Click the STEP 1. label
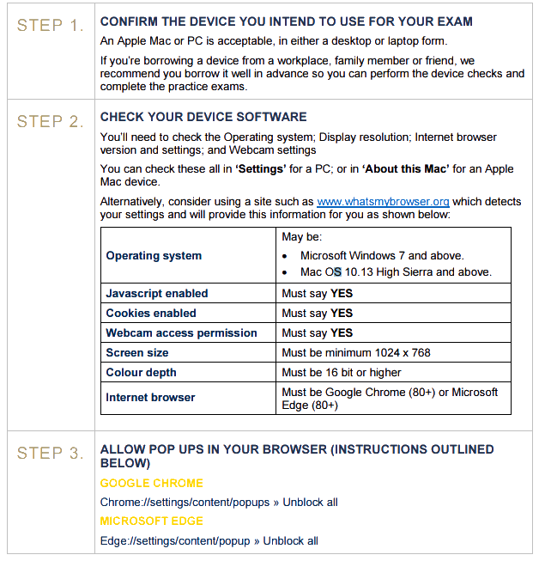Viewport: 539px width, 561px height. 50,25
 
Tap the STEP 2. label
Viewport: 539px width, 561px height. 50,121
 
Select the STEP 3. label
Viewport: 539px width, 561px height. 50,453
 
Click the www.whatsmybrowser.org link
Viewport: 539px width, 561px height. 383,202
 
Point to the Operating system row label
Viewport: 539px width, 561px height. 154,255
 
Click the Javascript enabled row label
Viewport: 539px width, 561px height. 157,294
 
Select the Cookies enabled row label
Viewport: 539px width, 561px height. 151,314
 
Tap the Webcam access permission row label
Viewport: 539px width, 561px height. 181,333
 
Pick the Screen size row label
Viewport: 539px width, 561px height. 137,353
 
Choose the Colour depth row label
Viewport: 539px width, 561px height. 141,373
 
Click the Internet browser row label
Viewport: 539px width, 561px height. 150,398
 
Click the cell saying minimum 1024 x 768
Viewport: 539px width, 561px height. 356,353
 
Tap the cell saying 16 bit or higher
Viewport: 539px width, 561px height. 342,373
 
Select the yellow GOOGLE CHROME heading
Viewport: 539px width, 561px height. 152,484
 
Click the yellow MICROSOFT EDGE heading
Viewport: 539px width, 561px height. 151,521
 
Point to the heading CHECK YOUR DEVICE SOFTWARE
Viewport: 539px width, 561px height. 203,117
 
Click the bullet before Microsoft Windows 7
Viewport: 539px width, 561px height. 286,256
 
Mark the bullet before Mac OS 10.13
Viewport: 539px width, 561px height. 286,272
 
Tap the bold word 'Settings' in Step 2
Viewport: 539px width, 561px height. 262,169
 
